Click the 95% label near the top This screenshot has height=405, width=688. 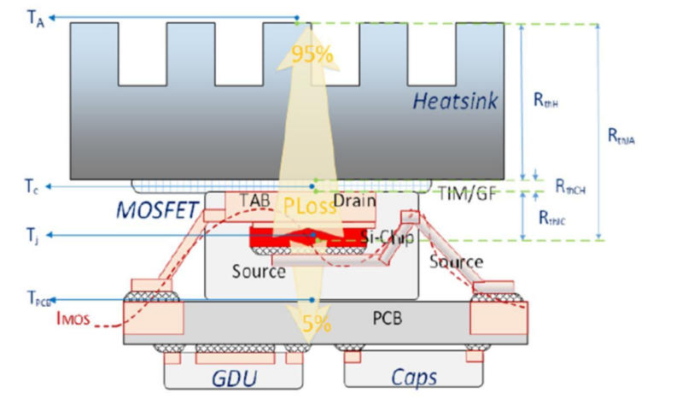313,55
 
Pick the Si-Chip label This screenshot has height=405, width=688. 387,237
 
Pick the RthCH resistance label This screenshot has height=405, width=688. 570,185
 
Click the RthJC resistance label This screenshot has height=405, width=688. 553,218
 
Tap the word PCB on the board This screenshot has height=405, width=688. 387,319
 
